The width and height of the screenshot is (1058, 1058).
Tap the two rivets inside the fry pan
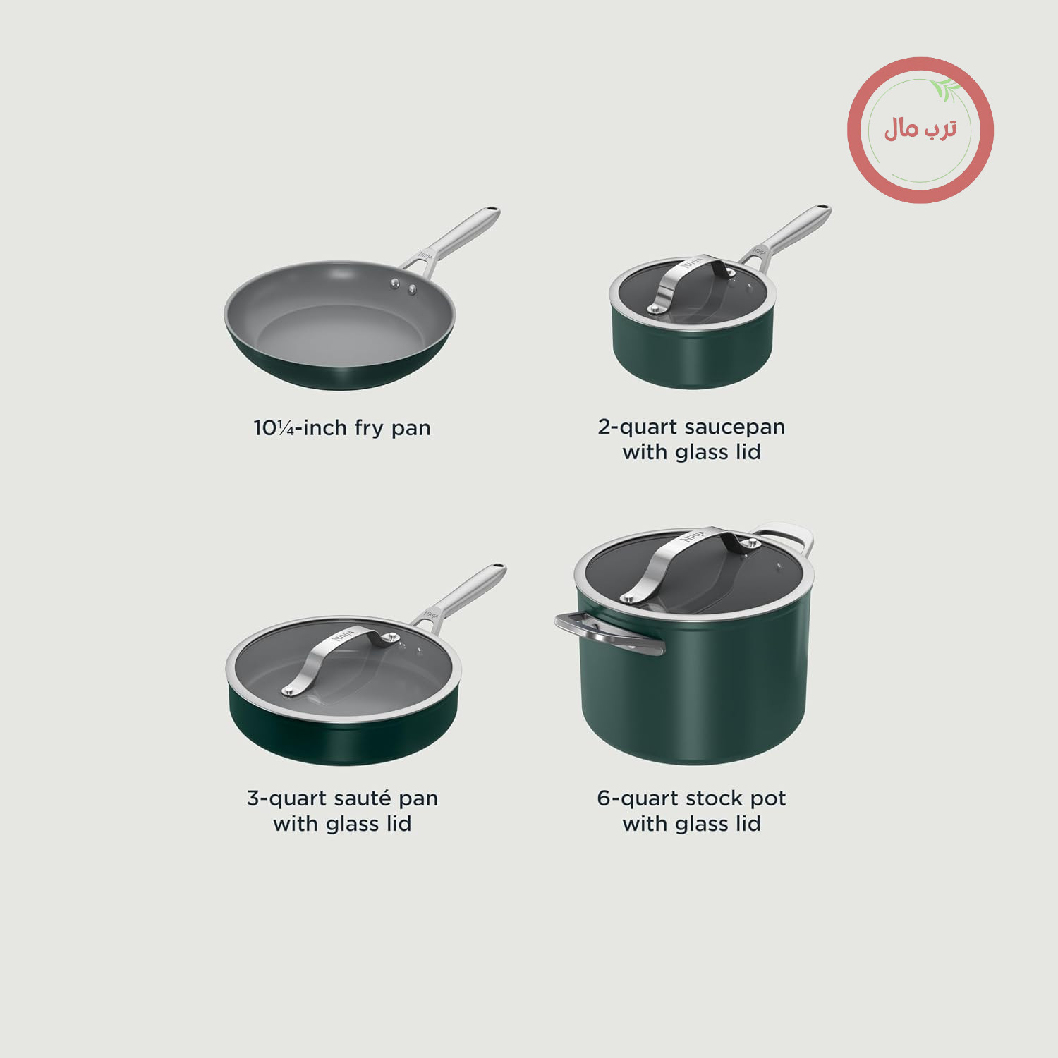coord(403,286)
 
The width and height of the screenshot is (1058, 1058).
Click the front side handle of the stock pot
coord(608,632)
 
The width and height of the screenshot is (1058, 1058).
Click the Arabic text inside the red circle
coord(920,129)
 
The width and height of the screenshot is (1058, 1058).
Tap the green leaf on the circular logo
coord(945,90)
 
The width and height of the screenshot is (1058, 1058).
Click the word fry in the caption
coord(369,429)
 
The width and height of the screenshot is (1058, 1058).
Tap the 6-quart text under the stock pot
coord(638,799)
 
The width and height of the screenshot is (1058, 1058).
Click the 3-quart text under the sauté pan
coord(287,799)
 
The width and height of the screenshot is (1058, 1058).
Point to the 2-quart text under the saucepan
coord(638,427)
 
